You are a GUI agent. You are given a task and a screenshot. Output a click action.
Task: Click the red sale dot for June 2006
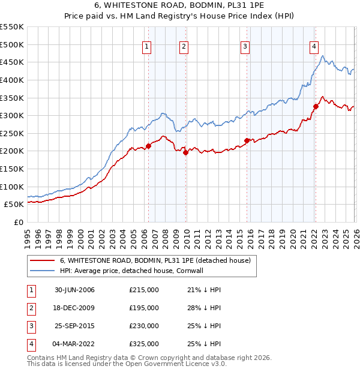[x=148, y=146]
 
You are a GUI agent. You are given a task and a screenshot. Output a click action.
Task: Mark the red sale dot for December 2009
[x=185, y=152]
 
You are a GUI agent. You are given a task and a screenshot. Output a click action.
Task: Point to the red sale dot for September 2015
[x=247, y=140]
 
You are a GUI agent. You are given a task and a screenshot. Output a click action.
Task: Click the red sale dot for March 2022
[x=315, y=107]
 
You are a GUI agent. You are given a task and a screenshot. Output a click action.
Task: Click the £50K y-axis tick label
[x=14, y=204]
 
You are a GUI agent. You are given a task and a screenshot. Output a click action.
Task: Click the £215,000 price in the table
[x=144, y=290]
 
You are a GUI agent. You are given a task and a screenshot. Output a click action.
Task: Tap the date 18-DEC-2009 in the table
[x=74, y=308]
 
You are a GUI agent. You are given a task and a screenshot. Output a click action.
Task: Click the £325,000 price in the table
[x=144, y=344]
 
